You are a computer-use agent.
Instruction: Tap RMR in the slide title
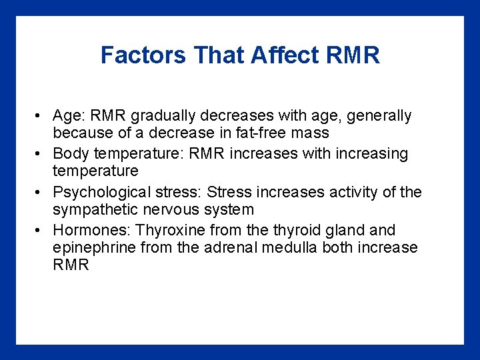tap(353, 55)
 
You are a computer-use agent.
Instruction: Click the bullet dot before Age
tap(41, 116)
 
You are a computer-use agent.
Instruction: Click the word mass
tap(310, 133)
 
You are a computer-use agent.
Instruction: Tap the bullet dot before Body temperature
tap(41, 154)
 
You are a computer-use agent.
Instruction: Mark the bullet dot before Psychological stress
tap(41, 193)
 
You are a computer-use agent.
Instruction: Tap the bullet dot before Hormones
tap(41, 231)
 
